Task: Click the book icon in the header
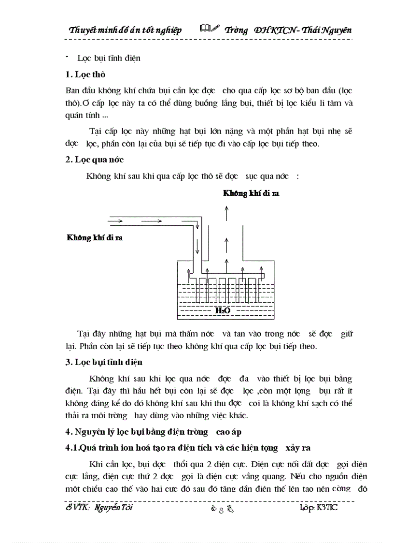(209, 29)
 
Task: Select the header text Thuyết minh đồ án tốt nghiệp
(125, 30)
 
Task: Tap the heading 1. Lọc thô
(85, 74)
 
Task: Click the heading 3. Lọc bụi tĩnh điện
(104, 362)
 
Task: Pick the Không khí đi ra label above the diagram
(251, 193)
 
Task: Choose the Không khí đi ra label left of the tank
(94, 238)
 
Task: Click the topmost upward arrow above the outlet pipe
(226, 212)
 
